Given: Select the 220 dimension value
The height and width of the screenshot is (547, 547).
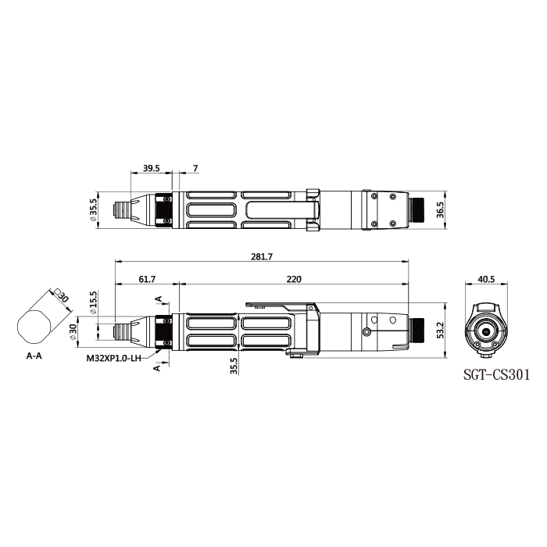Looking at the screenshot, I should point(294,279).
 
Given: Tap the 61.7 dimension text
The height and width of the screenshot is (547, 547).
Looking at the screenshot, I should point(147,279).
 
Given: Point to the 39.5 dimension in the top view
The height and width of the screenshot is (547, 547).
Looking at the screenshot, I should point(152,168).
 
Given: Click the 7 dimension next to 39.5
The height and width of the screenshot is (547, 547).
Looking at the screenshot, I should point(195,168).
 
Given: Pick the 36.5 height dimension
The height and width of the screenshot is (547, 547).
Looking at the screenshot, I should point(439,210).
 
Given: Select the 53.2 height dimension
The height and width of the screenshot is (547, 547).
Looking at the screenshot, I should point(439,329).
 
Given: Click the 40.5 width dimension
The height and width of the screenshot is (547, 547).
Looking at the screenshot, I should point(486,279).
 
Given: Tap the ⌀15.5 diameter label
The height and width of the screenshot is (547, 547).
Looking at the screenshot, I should point(93,302).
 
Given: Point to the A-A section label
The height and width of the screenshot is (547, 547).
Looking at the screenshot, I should point(35,355).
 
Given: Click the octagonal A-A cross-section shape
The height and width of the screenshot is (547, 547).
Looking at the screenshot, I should point(35,326).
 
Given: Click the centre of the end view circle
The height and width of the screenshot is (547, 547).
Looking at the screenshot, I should point(486,331).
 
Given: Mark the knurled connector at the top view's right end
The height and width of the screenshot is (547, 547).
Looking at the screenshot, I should point(419,210).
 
